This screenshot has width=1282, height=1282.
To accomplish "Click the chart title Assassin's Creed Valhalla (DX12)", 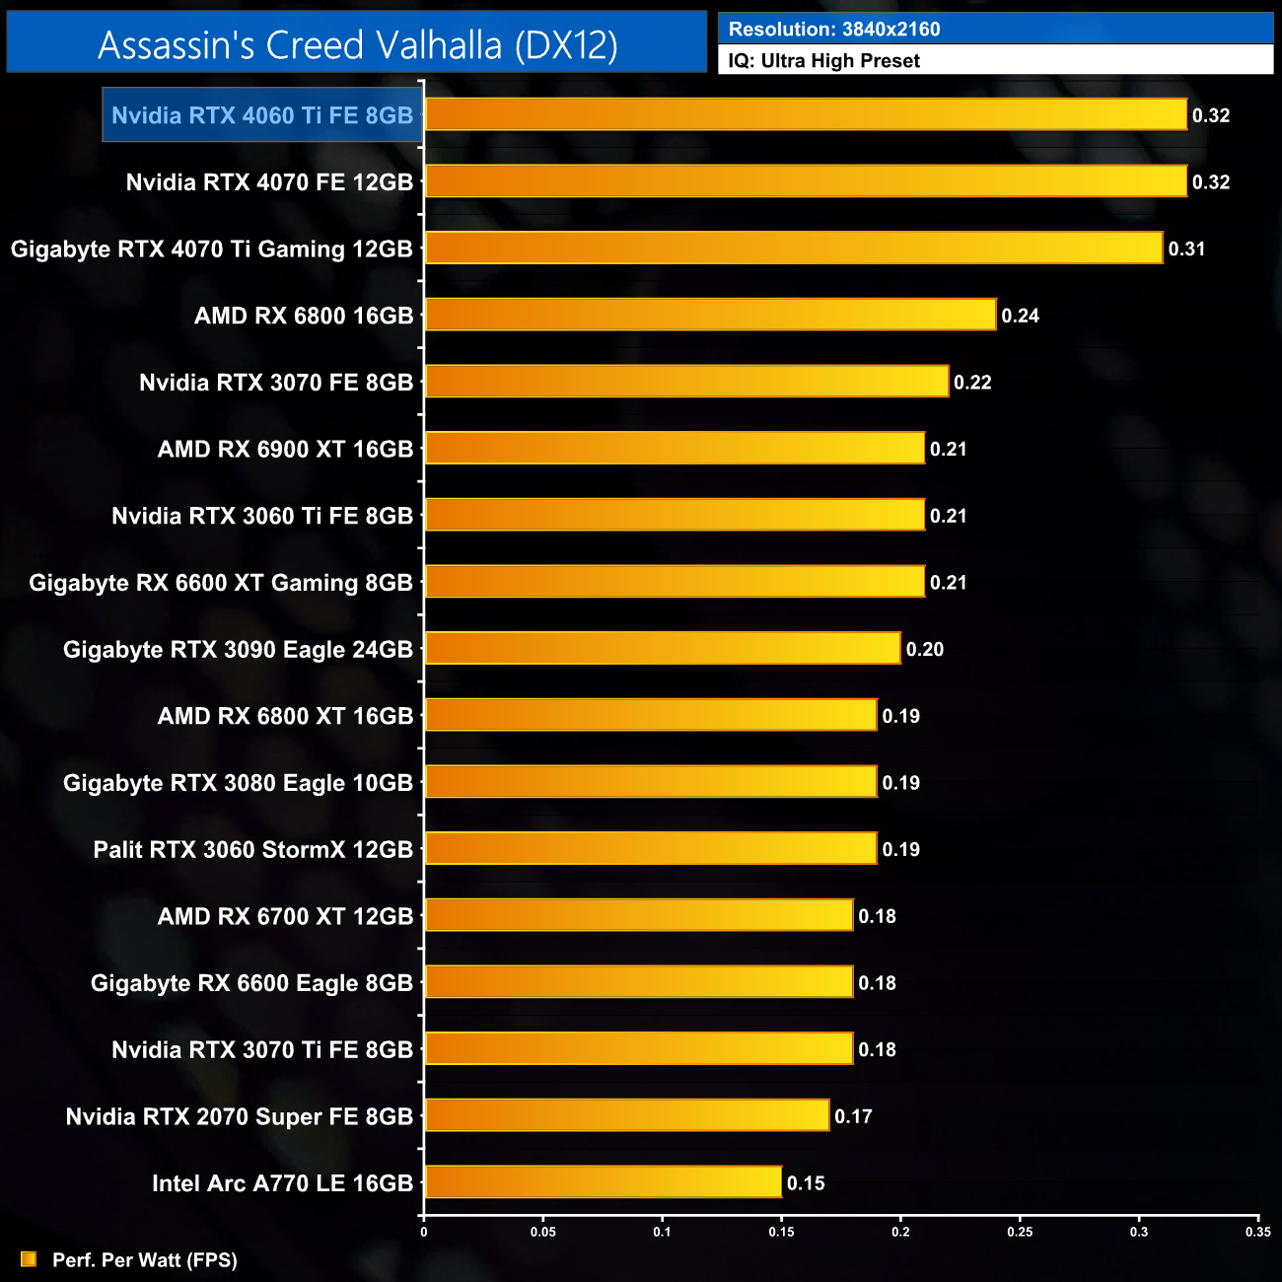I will (x=357, y=45).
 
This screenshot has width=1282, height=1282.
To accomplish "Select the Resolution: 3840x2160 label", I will (x=833, y=29).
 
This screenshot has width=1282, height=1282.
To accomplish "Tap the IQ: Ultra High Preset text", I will (x=823, y=61).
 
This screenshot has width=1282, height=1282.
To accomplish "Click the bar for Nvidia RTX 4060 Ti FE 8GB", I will (x=805, y=114).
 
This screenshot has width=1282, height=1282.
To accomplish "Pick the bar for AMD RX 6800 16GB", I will (x=710, y=315).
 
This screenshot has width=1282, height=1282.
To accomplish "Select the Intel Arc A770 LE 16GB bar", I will (x=603, y=1181).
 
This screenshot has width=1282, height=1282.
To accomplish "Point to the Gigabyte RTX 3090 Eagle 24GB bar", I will (x=662, y=648).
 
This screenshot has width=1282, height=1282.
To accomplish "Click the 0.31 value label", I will (x=1186, y=249).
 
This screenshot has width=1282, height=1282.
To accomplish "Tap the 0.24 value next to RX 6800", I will (x=1020, y=316).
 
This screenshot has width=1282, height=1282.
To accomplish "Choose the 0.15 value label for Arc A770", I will (x=805, y=1183).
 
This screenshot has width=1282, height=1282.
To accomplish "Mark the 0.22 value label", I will (x=971, y=383).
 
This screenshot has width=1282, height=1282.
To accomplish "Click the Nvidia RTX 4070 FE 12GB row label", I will (x=269, y=182).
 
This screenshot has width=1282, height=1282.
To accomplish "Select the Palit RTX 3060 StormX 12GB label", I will (x=252, y=850).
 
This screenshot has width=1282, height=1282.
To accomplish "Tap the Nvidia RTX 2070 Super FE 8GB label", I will (x=239, y=1116).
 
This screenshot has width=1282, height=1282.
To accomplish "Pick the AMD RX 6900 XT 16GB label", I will (x=285, y=450).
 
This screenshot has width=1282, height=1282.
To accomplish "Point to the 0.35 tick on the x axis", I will (x=1257, y=1232).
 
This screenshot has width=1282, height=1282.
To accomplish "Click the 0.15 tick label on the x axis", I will (x=781, y=1232).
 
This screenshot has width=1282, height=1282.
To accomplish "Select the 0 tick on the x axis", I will (x=424, y=1232).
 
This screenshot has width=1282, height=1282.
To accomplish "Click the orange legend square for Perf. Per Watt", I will (x=29, y=1259).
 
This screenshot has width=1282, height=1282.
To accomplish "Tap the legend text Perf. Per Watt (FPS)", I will (x=144, y=1260).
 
